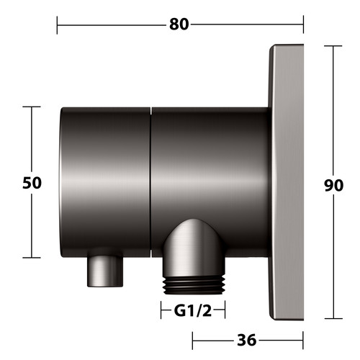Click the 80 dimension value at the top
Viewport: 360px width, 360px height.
(179, 24)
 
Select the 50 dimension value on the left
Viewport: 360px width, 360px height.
(32, 183)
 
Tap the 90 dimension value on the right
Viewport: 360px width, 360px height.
(334, 185)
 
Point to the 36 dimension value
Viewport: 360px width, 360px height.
(247, 340)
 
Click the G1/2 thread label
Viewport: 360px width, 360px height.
(193, 310)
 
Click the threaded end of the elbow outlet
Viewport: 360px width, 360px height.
(194, 286)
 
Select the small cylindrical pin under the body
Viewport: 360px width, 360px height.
(105, 271)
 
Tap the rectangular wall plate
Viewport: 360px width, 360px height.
(287, 182)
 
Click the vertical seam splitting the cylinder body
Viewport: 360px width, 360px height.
(150, 182)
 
